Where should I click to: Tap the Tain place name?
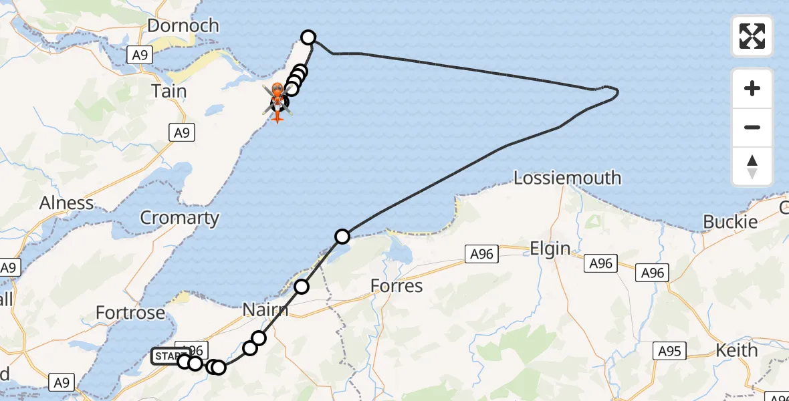tap(169, 91)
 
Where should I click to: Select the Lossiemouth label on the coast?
tap(567, 178)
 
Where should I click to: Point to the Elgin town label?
tap(550, 249)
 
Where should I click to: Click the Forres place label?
tap(397, 286)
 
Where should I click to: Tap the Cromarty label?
tap(179, 218)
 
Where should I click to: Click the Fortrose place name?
tap(130, 313)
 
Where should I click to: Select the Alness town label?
tap(66, 203)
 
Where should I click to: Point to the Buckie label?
tap(730, 222)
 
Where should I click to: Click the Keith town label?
tap(736, 350)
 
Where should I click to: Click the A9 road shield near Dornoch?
tap(139, 55)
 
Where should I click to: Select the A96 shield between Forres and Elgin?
tap(481, 253)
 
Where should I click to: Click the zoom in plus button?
tap(752, 88)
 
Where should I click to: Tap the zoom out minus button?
tap(752, 127)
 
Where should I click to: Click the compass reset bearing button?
tap(752, 166)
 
